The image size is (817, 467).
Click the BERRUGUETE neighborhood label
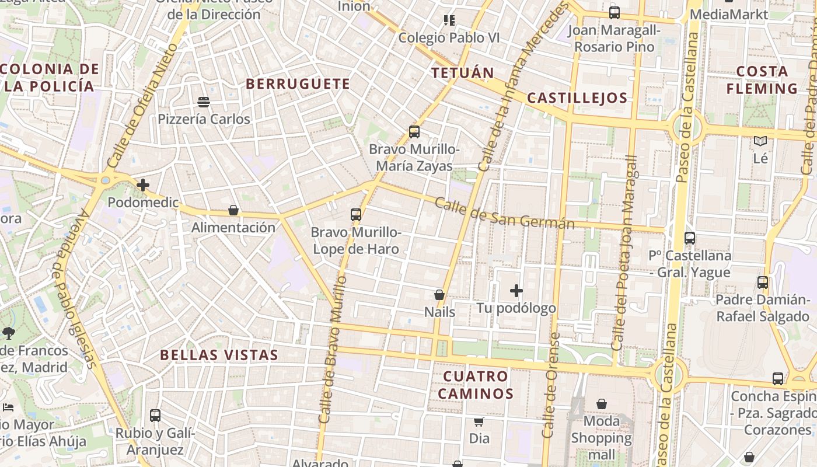click(x=298, y=84)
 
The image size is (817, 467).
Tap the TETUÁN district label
click(x=462, y=73)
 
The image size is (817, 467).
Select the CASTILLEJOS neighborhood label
click(x=577, y=98)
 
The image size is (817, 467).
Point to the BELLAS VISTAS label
click(x=219, y=355)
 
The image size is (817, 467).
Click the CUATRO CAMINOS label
click(x=476, y=385)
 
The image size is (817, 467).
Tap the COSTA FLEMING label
click(x=762, y=80)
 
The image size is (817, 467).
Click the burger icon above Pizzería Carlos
click(x=204, y=102)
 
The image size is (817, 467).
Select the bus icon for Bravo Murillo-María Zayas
click(x=414, y=132)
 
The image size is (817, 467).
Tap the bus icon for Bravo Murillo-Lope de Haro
click(x=356, y=215)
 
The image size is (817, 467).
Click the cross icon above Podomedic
click(x=143, y=186)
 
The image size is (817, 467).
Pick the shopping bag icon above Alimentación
click(x=233, y=210)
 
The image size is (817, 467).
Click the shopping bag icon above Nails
click(x=439, y=295)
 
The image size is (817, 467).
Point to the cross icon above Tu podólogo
click(x=516, y=291)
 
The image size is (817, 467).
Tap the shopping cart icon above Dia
click(x=479, y=421)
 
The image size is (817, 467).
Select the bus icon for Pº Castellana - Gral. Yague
click(x=690, y=238)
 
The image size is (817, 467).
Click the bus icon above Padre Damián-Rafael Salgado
click(x=763, y=283)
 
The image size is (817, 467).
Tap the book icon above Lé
click(x=760, y=141)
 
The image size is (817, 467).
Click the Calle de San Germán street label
click(x=505, y=214)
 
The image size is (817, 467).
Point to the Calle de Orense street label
click(x=550, y=385)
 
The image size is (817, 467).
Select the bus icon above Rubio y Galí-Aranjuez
click(x=155, y=416)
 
